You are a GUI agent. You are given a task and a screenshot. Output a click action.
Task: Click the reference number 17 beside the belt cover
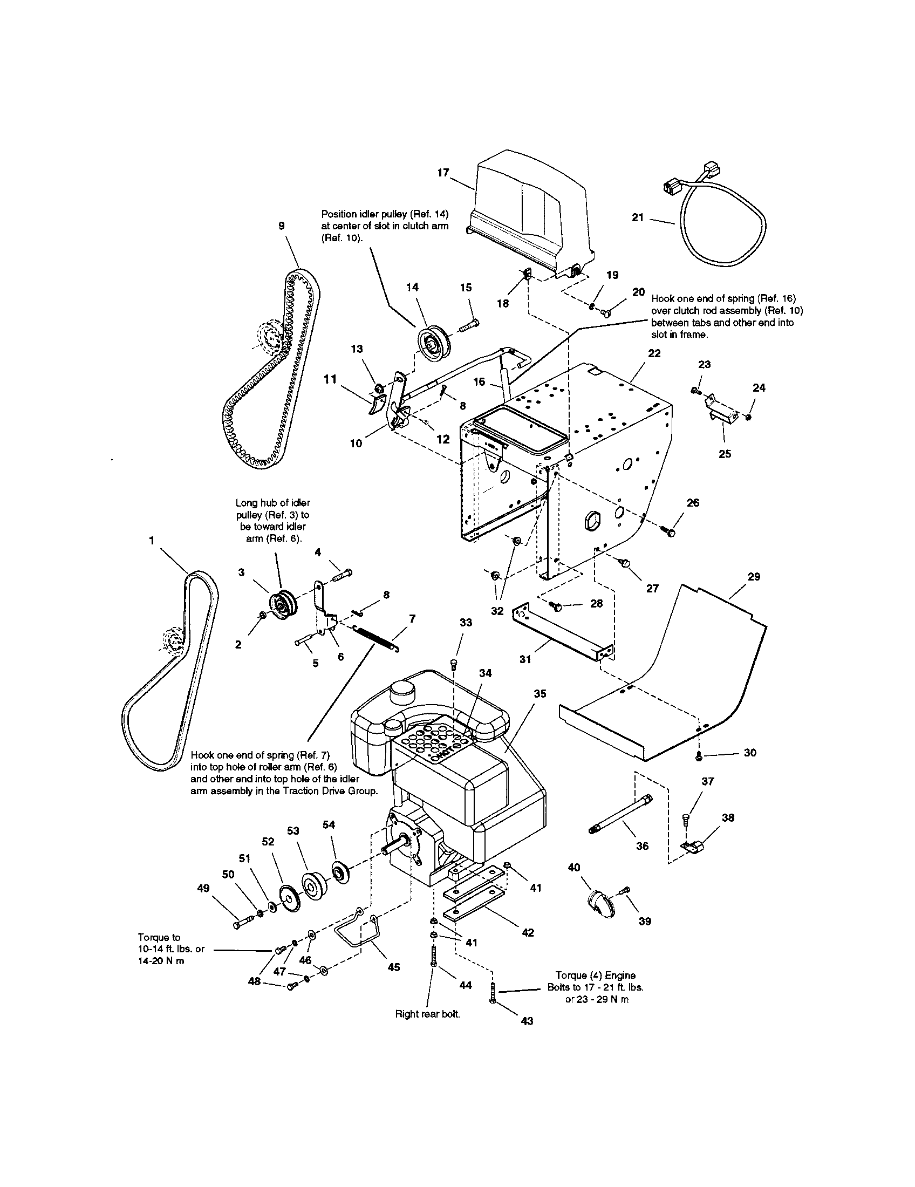pos(443,173)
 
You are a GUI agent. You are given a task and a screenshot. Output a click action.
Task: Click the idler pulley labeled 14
pos(432,340)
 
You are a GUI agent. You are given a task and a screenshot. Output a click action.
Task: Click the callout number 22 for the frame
pos(654,353)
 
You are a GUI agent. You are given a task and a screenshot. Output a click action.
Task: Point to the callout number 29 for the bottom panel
pos(753,577)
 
